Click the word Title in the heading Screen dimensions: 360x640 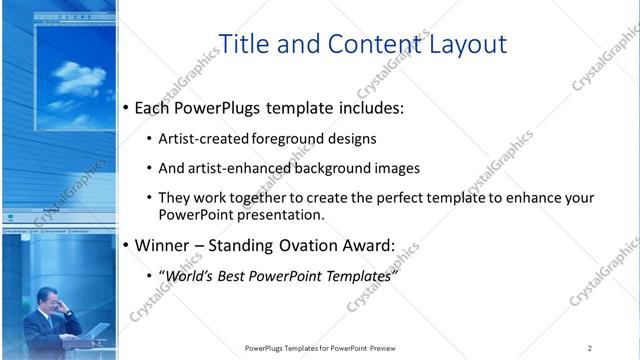pos(241,44)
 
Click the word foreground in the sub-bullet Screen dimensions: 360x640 pos(265,139)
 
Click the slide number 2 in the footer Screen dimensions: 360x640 pos(590,348)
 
